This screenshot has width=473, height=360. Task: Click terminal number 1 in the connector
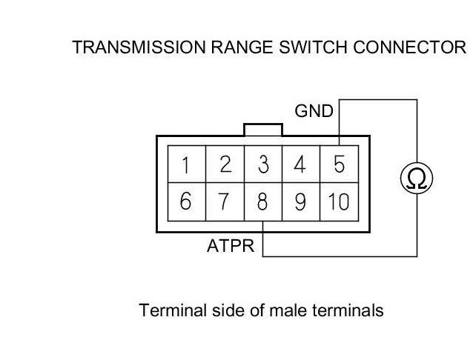tap(187, 164)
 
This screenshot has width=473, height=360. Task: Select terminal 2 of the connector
tap(225, 164)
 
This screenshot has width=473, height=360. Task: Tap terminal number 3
tap(263, 164)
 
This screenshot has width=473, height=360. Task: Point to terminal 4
tap(301, 164)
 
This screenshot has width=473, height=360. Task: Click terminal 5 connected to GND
tap(339, 164)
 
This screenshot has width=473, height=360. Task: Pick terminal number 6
tap(187, 201)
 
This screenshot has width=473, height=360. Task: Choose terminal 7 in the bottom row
tap(225, 201)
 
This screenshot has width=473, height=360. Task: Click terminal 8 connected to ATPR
tap(263, 201)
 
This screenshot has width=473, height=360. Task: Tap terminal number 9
tap(301, 201)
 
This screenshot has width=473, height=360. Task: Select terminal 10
tap(339, 201)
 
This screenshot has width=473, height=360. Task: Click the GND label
tap(314, 111)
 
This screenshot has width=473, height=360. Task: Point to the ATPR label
tap(231, 246)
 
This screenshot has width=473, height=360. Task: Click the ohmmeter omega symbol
tap(417, 178)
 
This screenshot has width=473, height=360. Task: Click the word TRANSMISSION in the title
tap(139, 47)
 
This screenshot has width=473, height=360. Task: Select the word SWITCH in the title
tap(313, 47)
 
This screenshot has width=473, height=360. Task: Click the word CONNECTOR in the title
tap(410, 47)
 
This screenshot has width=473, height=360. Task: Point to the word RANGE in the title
tap(242, 47)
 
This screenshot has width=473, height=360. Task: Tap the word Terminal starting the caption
tap(173, 310)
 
